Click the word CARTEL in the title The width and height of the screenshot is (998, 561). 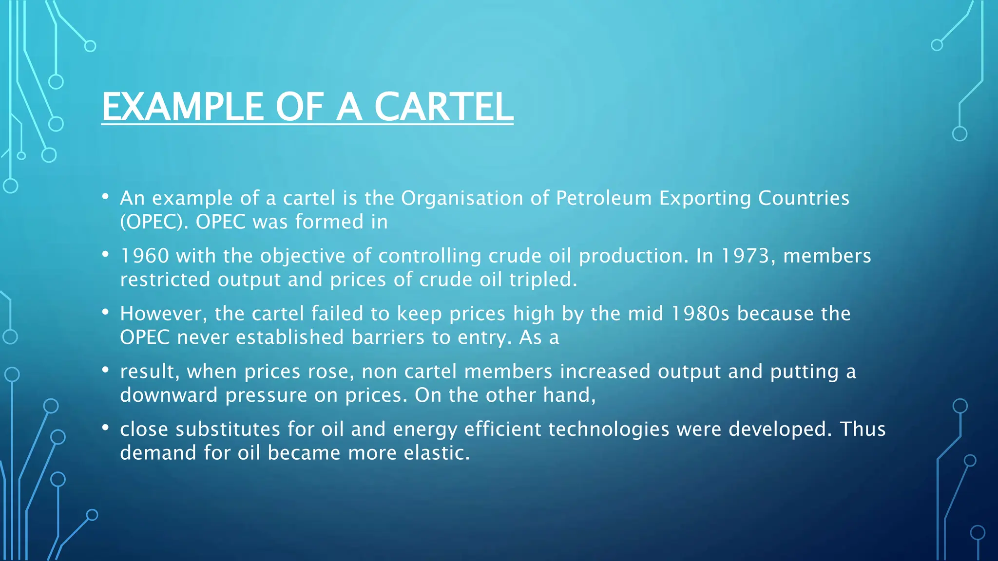pyautogui.click(x=443, y=107)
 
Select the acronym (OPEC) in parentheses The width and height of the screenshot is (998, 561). pyautogui.click(x=154, y=222)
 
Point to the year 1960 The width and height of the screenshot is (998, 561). pyautogui.click(x=144, y=256)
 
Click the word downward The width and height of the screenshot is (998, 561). pyautogui.click(x=169, y=395)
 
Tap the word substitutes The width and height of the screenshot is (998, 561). pyautogui.click(x=228, y=430)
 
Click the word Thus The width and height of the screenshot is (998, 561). pyautogui.click(x=863, y=430)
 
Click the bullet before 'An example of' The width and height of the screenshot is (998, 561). pyautogui.click(x=105, y=197)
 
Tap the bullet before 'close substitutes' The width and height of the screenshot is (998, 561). pyautogui.click(x=105, y=428)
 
